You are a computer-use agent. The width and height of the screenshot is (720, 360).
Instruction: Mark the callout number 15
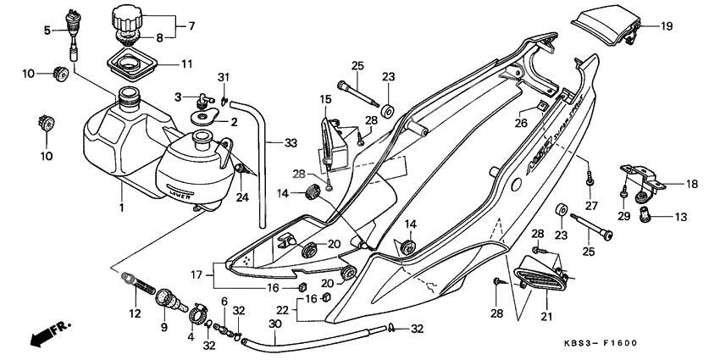point(326,100)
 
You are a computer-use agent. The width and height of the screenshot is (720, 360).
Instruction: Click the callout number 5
point(48,31)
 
